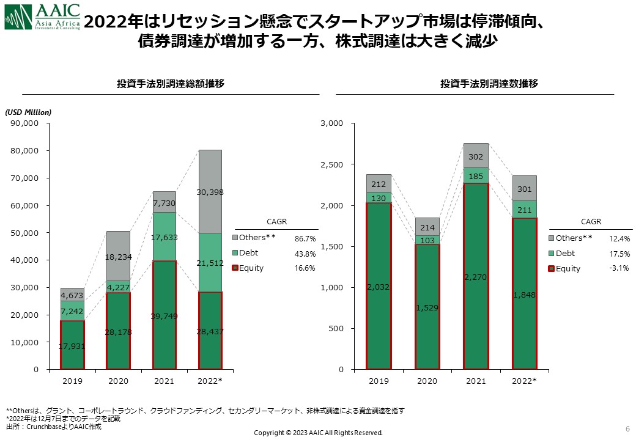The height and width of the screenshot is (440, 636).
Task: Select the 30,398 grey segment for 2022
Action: tap(210, 191)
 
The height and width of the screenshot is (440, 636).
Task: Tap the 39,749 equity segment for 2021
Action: tap(164, 315)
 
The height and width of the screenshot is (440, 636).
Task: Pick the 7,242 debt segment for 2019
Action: tap(72, 310)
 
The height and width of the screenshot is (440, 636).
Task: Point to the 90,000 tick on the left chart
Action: tap(26, 123)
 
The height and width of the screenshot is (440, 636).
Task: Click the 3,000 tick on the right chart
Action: tap(333, 123)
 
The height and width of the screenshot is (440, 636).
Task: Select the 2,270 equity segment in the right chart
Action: tap(476, 276)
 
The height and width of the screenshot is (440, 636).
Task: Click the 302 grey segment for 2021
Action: tap(476, 156)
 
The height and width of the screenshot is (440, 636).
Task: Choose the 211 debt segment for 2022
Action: tap(524, 210)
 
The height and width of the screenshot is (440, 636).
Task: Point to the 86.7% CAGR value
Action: tap(305, 238)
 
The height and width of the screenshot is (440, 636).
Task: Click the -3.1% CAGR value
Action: tap(619, 268)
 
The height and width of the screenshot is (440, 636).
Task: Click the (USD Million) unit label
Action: tap(29, 112)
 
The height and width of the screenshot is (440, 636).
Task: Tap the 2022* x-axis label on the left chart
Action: tap(210, 381)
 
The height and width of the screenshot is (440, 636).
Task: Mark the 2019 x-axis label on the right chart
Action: tap(379, 381)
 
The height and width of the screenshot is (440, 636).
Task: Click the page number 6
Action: tap(628, 427)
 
